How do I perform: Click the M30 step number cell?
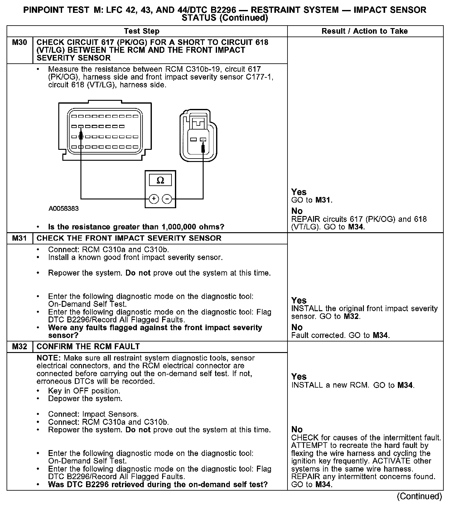pos(19,42)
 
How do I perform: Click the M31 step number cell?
pos(19,238)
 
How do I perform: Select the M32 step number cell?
pos(19,347)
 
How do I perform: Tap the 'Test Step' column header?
pos(142,31)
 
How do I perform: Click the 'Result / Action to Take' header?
pos(365,31)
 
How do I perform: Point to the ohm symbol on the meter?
pos(160,180)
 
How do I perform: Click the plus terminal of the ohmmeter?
pos(154,199)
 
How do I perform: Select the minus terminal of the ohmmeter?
pos(167,199)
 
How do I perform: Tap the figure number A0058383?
pos(64,208)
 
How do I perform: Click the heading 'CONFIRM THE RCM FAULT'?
pos(88,347)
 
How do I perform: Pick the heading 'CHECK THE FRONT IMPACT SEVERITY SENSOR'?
pos(129,238)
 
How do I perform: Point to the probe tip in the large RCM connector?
pos(81,135)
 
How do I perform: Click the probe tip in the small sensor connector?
pos(203,147)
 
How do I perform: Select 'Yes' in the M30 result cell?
pos(299,192)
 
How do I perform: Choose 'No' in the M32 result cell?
pos(297,429)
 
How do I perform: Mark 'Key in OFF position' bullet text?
pos(84,391)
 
